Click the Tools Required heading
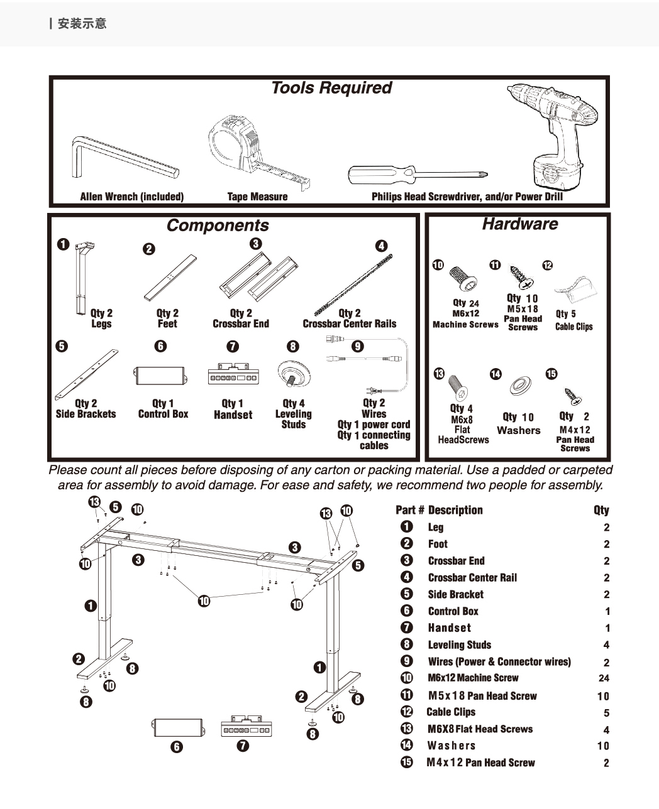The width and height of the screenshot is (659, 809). point(331,88)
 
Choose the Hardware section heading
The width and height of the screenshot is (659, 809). point(519,224)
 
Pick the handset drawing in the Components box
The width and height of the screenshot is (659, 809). point(233,374)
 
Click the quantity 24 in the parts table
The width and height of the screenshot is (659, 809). point(604,678)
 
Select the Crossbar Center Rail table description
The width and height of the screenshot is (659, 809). point(472,578)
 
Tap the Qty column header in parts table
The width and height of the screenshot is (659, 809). point(601,511)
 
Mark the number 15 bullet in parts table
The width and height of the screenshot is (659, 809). point(407,763)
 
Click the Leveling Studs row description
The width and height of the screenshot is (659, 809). point(459,645)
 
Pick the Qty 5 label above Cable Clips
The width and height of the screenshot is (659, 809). point(565,313)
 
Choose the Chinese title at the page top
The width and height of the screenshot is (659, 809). point(82,24)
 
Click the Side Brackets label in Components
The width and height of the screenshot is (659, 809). point(86,415)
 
